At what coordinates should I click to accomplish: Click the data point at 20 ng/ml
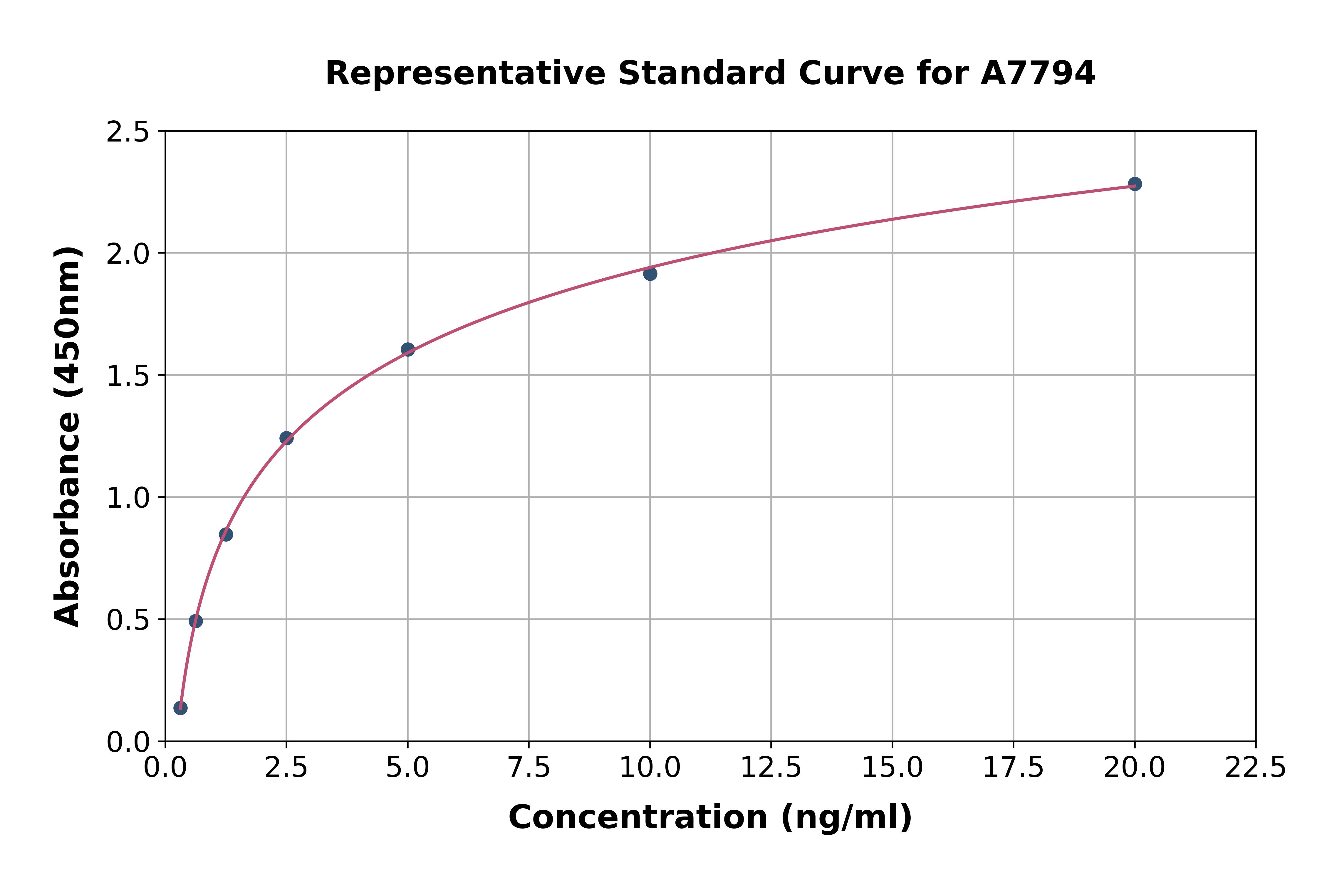coord(1135,184)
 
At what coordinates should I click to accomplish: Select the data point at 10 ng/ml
coord(650,274)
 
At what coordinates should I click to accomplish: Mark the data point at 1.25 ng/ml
coord(226,534)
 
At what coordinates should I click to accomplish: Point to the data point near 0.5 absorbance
coord(195,621)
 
